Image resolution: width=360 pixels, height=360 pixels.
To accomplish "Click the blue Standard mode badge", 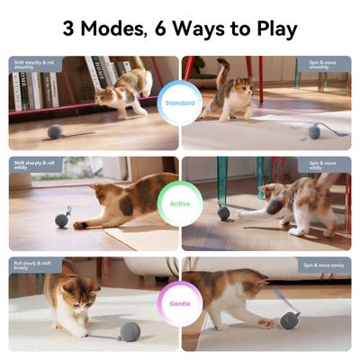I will pyautogui.click(x=180, y=103).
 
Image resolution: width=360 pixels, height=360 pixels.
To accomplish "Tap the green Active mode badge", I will pyautogui.click(x=180, y=203).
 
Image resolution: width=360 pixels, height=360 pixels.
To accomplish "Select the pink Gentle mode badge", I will pyautogui.click(x=180, y=304).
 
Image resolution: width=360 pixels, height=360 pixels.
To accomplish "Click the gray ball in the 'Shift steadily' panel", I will pyautogui.click(x=55, y=132).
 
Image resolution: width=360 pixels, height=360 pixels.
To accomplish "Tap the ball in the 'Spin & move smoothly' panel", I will pyautogui.click(x=313, y=131).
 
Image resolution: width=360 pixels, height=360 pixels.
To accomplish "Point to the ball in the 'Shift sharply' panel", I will pyautogui.click(x=61, y=220).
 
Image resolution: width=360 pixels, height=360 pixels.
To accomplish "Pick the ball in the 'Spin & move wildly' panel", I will pyautogui.click(x=223, y=213).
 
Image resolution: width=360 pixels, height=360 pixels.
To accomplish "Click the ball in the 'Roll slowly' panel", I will pyautogui.click(x=130, y=330).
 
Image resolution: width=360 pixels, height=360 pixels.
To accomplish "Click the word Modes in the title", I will pyautogui.click(x=115, y=28).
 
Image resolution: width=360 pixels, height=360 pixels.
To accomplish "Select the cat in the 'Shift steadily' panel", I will pyautogui.click(x=121, y=94).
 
